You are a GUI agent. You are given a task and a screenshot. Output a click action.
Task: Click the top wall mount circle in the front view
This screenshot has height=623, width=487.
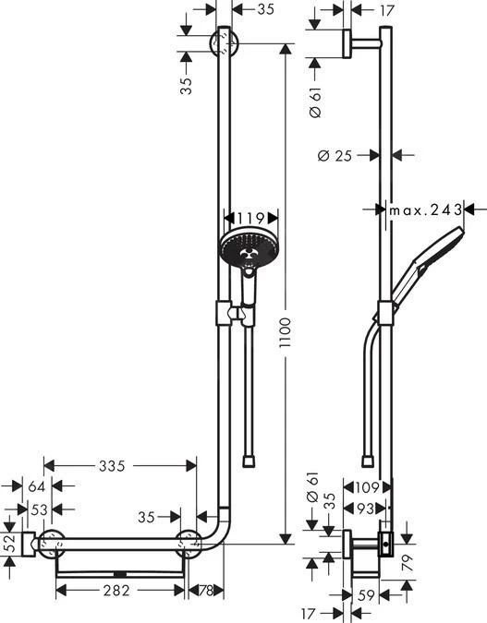[x=225, y=42]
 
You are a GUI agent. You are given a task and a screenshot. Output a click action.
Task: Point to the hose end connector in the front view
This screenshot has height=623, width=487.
[x=250, y=458]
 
